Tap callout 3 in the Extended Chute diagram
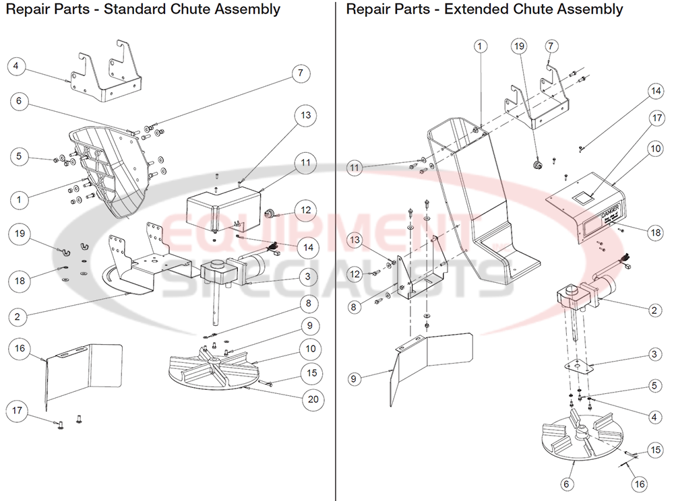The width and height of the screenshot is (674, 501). [653, 353]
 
